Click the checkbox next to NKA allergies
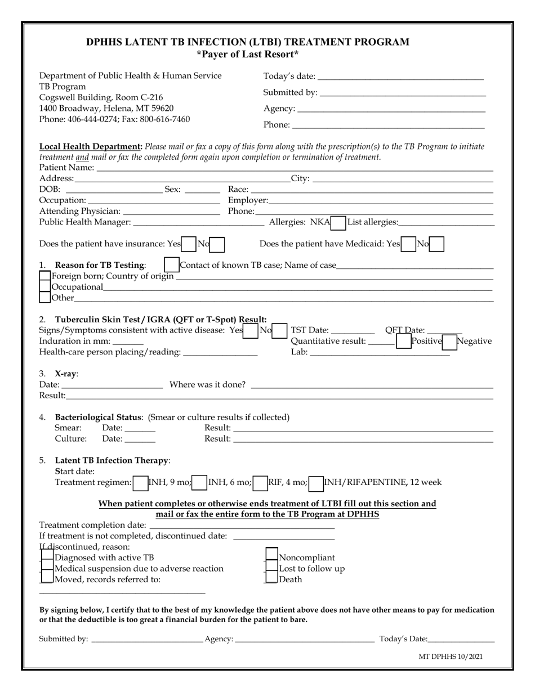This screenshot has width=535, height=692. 338,223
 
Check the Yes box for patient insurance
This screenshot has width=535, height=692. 189,244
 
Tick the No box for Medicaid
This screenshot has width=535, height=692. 436,244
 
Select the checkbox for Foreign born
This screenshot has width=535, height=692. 45,276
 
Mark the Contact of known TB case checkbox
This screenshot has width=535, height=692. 171,265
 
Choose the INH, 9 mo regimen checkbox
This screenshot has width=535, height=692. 140,482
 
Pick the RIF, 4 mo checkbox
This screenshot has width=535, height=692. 260,482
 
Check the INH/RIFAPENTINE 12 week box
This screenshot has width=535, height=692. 316,482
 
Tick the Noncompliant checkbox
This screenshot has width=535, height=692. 271,558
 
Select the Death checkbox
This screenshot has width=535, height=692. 271,579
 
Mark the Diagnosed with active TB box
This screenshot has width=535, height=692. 47,558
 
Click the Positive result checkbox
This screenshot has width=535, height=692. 403,341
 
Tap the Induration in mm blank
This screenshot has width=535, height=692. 128,341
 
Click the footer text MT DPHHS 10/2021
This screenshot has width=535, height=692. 451,657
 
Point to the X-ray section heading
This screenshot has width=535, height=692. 66,374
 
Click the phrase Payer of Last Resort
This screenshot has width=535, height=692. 248,55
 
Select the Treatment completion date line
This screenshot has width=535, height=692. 242,525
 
